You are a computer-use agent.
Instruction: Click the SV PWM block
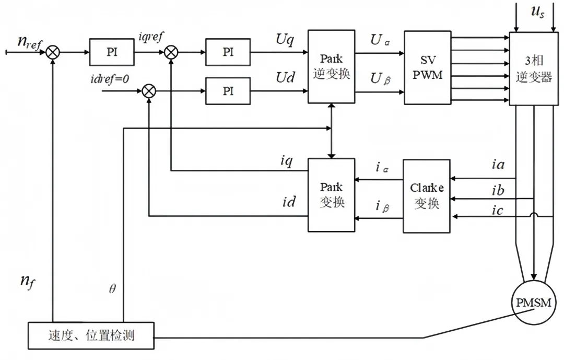(x=427, y=68)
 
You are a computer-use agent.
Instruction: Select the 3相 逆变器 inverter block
(x=534, y=69)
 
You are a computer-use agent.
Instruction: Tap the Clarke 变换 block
(x=427, y=196)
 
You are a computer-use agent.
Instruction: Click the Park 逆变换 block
(x=331, y=66)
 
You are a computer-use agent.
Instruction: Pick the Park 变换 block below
(x=331, y=195)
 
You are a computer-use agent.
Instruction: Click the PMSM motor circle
(x=533, y=303)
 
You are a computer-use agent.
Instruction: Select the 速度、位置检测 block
(x=91, y=335)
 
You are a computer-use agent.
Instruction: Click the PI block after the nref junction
(x=112, y=52)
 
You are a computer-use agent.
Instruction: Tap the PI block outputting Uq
(x=228, y=52)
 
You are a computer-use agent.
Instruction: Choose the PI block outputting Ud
(x=228, y=91)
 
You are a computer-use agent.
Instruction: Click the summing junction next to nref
(x=53, y=52)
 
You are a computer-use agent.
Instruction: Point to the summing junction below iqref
(x=171, y=52)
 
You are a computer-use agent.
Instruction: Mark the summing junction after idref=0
(x=149, y=91)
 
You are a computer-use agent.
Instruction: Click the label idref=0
(x=110, y=79)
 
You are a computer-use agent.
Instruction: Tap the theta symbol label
(x=112, y=289)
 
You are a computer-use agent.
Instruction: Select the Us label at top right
(x=537, y=11)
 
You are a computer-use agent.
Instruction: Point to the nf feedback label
(x=28, y=282)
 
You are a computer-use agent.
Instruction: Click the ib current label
(x=498, y=190)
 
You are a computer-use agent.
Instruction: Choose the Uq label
(x=285, y=39)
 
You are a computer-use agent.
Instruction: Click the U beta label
(x=381, y=78)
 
